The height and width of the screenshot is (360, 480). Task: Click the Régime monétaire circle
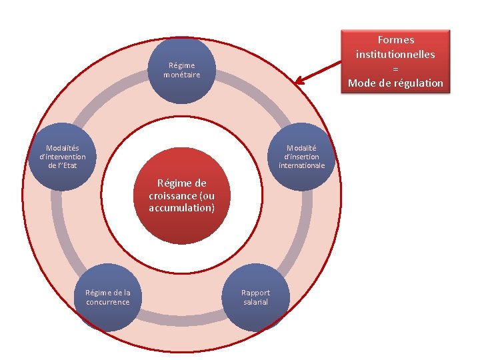(x=182, y=70)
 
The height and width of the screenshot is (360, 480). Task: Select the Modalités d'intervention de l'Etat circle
(x=62, y=157)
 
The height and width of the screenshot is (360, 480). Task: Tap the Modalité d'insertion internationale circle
(x=302, y=157)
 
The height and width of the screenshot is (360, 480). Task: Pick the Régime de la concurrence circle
(x=107, y=298)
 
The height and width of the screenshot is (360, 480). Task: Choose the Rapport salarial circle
(x=255, y=298)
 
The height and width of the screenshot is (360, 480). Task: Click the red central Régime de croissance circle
(x=182, y=195)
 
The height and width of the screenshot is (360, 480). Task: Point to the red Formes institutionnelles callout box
(x=395, y=61)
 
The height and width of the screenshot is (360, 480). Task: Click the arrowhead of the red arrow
(x=298, y=83)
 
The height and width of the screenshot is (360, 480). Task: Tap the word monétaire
(x=182, y=75)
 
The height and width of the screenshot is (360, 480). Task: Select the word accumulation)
(x=182, y=208)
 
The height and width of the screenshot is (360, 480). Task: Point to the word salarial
(x=255, y=302)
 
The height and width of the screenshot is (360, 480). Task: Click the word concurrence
(x=107, y=302)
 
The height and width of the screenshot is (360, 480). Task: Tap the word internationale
(x=302, y=165)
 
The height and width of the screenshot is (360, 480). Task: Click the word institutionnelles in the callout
(x=395, y=54)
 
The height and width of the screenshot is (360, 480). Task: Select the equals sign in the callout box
(x=395, y=69)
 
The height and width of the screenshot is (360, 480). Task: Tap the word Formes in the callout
(x=395, y=40)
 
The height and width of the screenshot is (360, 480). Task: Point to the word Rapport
(x=255, y=293)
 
